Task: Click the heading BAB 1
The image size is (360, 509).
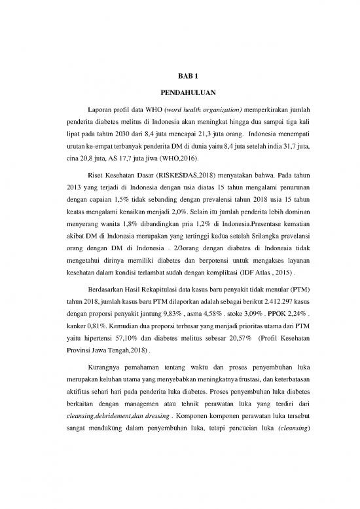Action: pyautogui.click(x=179, y=77)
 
